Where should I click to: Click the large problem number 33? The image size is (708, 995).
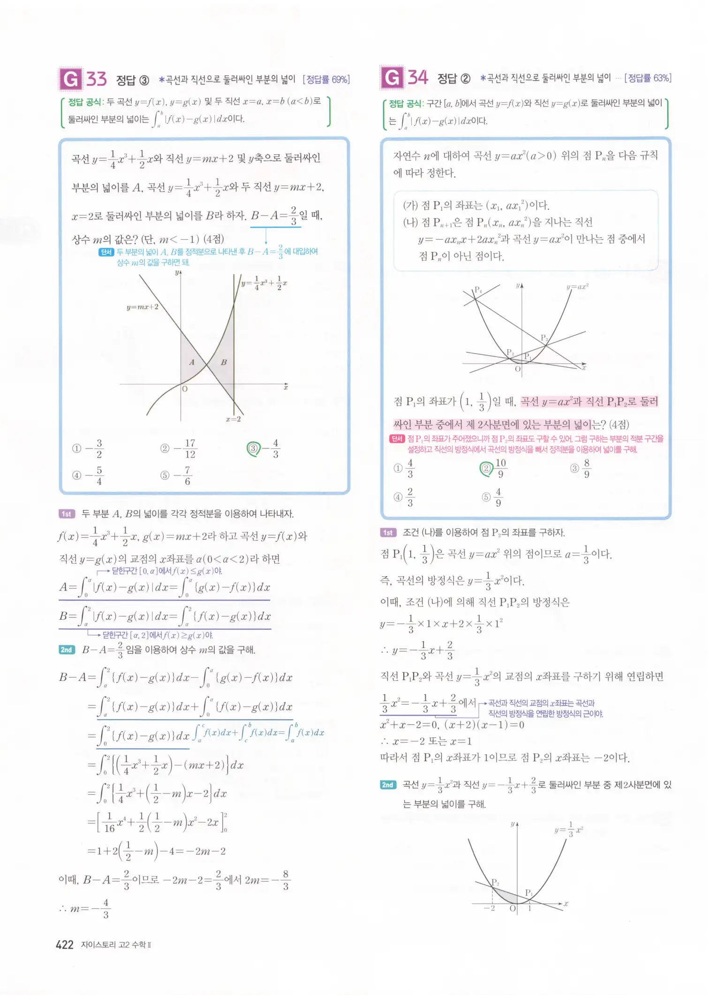(x=97, y=79)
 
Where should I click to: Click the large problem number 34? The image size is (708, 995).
(x=418, y=77)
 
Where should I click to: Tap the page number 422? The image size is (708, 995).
(x=64, y=944)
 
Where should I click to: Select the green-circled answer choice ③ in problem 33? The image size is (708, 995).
(x=254, y=449)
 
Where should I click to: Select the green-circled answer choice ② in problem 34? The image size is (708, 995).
(x=486, y=468)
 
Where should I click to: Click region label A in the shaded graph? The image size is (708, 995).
(x=191, y=362)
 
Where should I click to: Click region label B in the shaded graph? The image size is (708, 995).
(x=224, y=362)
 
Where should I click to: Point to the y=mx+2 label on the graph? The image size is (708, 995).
(x=143, y=307)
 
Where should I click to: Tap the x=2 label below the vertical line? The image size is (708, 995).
(x=233, y=419)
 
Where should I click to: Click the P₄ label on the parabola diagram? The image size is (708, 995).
(x=478, y=290)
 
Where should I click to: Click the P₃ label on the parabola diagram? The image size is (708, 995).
(x=544, y=338)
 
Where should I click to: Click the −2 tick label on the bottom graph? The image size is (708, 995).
(x=490, y=908)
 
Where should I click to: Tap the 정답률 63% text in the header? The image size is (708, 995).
(x=649, y=78)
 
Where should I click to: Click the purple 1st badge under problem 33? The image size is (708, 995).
(x=67, y=514)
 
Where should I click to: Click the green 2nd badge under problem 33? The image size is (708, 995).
(x=67, y=650)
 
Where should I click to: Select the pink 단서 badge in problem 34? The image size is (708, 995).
(x=397, y=439)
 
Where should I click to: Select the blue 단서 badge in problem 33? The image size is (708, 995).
(x=106, y=252)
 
